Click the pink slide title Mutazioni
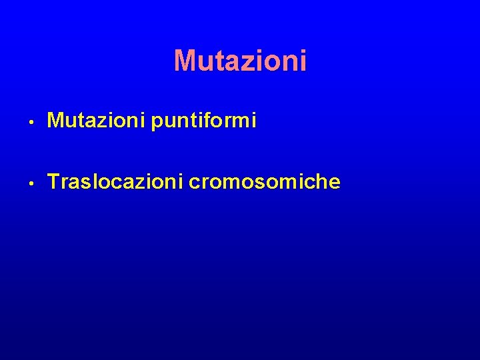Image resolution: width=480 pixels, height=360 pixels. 240,61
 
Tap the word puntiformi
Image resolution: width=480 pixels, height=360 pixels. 204,121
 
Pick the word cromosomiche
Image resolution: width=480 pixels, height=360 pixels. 265,181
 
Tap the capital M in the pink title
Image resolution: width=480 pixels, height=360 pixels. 185,61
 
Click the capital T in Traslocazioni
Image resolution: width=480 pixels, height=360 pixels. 54,181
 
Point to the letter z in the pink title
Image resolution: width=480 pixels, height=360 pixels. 250,63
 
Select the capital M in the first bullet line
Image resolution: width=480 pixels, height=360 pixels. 56,121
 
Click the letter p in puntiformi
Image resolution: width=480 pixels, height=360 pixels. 157,123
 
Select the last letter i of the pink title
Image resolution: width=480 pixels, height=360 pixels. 303,61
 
